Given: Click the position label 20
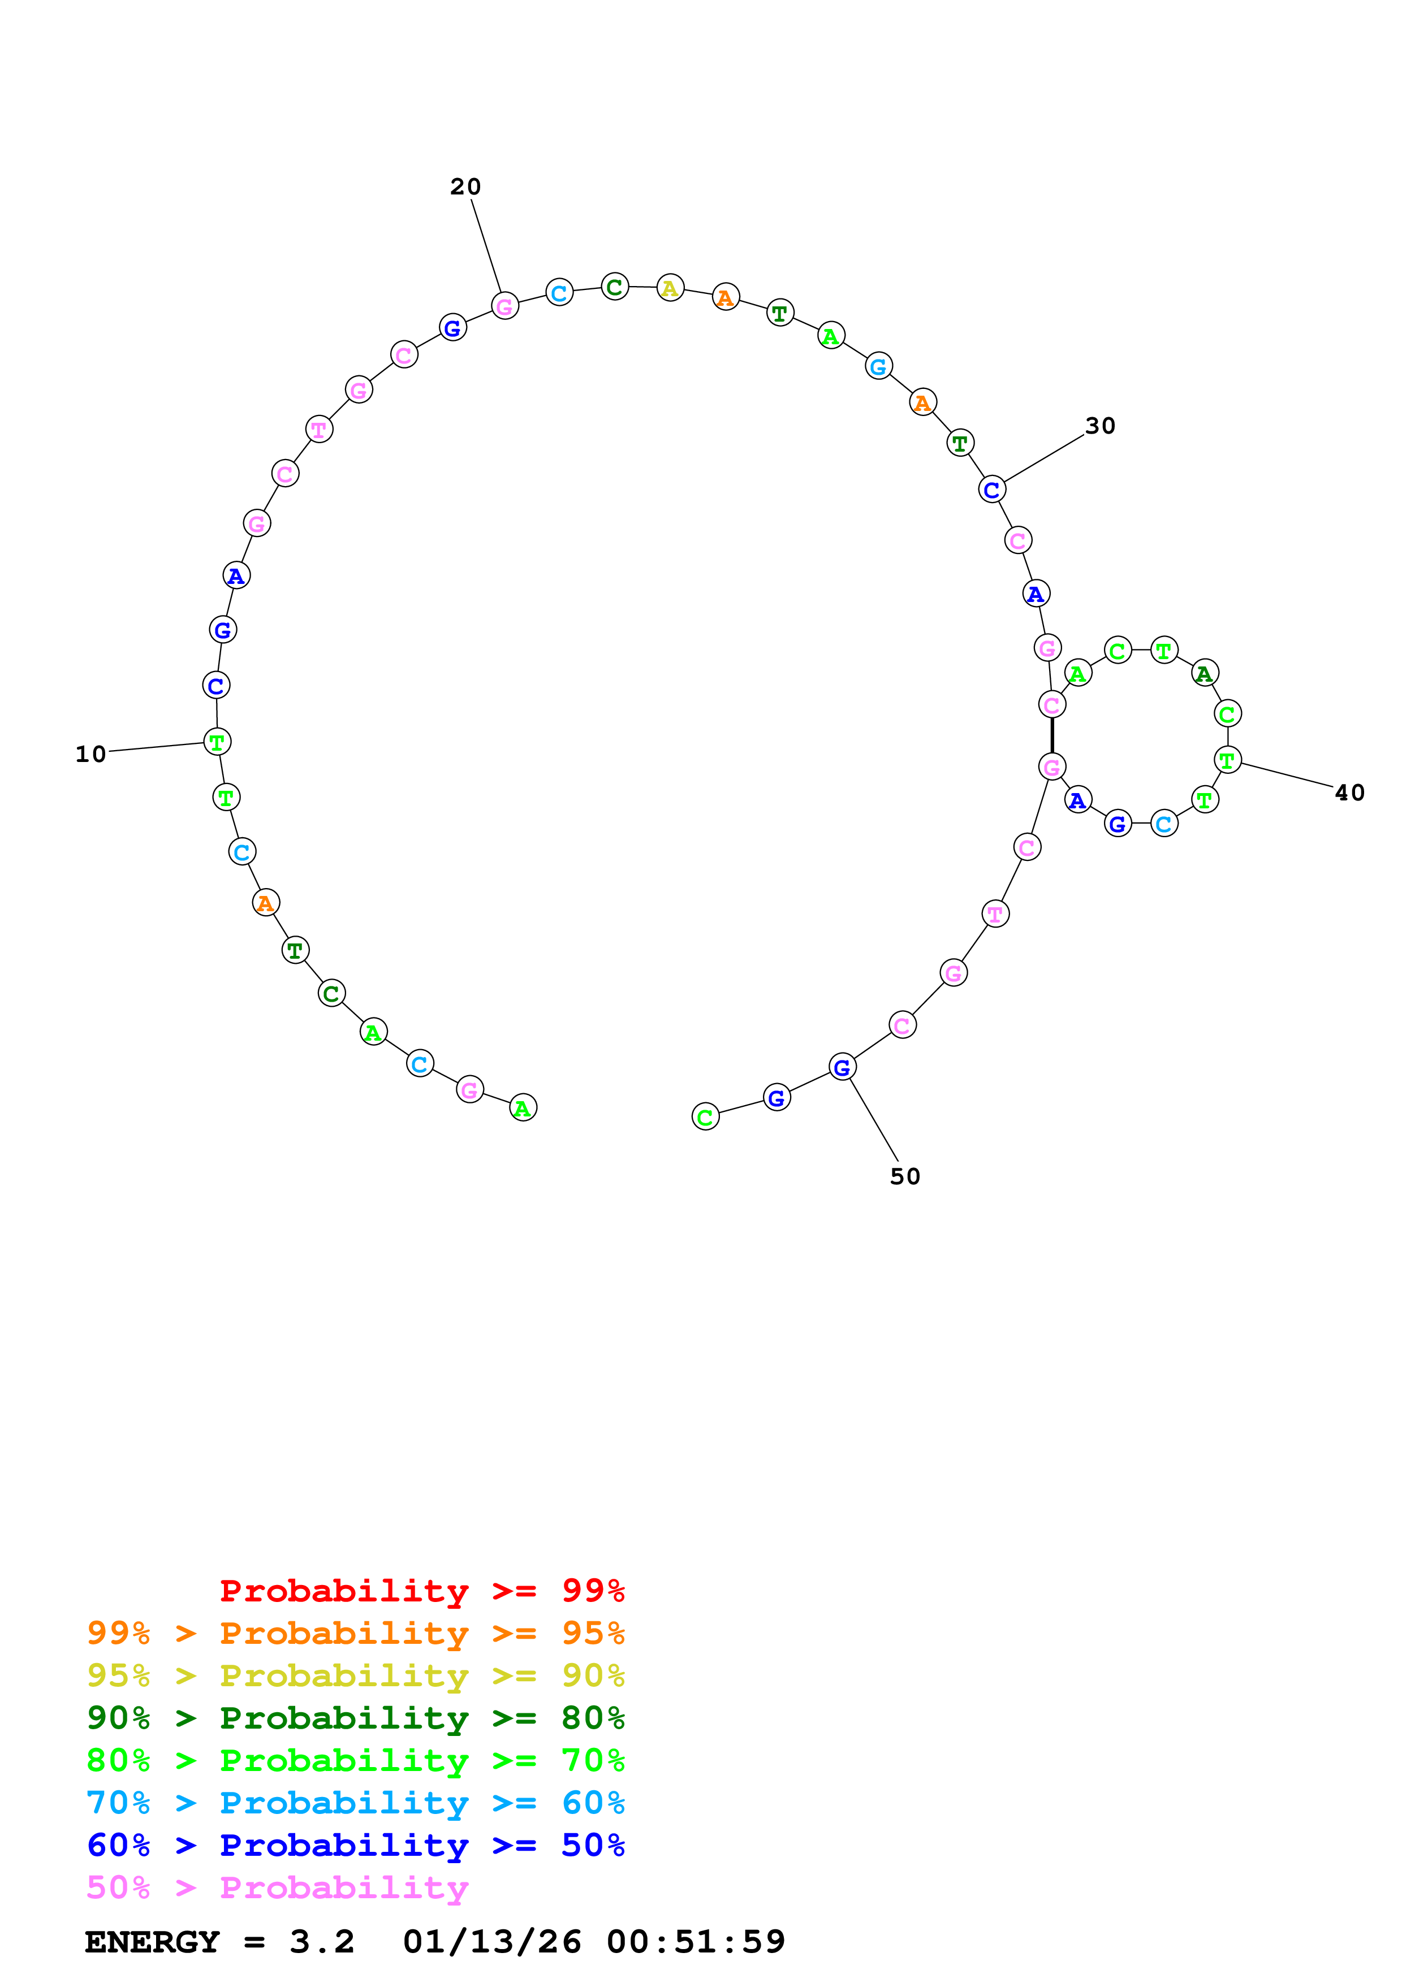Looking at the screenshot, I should pos(465,187).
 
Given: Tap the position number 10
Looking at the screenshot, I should pos(90,754).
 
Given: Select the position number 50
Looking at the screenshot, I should pos(904,1176).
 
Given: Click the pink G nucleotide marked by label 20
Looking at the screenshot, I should pos(504,306).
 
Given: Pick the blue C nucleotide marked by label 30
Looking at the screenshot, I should pos(991,490).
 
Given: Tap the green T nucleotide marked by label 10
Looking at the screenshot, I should pos(217,741).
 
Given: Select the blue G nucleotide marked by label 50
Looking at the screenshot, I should pos(842,1067).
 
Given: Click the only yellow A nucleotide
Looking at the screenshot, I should pos(670,288).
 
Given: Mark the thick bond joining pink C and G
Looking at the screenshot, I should pos(1051,735).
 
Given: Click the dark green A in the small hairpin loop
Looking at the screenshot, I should pos(1204,673).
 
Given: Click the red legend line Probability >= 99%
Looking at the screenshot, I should pos(421,1591).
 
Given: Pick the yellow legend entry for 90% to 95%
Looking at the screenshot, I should pos(355,1675).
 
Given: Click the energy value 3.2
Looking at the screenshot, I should pos(321,1942).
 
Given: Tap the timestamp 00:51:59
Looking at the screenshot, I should pos(696,1942).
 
